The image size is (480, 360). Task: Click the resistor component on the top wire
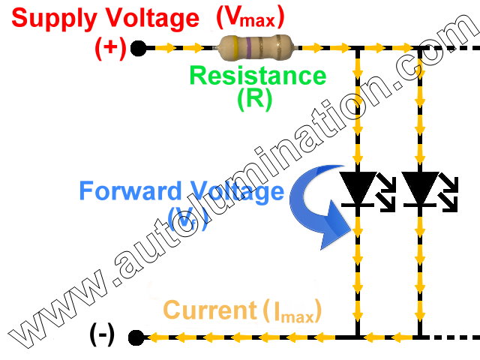click(255, 48)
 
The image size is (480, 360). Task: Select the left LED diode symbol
click(358, 187)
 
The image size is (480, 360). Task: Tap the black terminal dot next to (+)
click(137, 49)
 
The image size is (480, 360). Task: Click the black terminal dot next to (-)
click(136, 337)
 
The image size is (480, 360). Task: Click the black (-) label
click(101, 335)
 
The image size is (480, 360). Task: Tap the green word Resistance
click(257, 76)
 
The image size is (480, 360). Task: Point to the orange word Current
click(209, 310)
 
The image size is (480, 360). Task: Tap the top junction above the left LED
click(358, 49)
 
